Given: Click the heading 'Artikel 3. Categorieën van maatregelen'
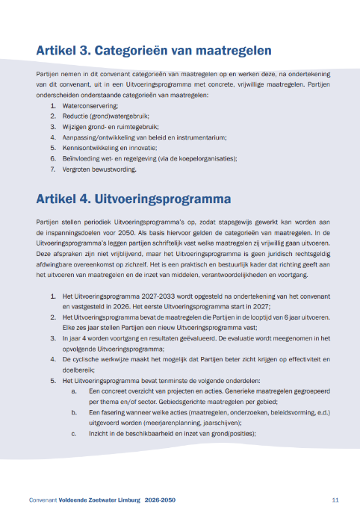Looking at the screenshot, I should (x=153, y=51).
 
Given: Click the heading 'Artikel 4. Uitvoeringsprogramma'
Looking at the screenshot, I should (x=133, y=199).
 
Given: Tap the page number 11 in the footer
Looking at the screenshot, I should (x=336, y=500).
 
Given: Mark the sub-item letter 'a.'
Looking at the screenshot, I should (x=74, y=391).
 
